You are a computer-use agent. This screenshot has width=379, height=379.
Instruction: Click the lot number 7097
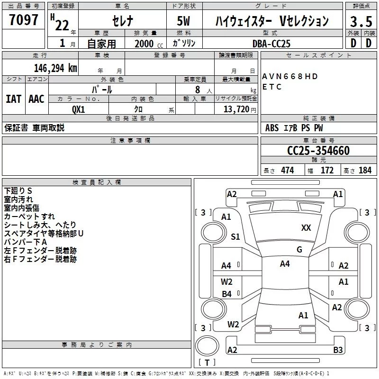pos(24,20)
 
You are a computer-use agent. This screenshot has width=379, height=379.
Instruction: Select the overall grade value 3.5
pos(361,22)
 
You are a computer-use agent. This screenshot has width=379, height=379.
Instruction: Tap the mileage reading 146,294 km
pos(55,68)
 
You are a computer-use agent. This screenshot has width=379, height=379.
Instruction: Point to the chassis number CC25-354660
pos(318,151)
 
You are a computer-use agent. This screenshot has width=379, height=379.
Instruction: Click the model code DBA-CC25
pos(271,44)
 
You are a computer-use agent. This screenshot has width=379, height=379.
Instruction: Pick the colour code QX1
pos(79,109)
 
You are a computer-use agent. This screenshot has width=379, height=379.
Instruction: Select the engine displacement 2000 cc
pos(149,44)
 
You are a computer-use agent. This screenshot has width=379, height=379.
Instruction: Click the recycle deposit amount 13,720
pos(236,109)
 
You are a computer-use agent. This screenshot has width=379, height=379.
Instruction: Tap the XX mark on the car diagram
pos(306,228)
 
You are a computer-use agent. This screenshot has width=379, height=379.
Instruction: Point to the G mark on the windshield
pos(299,250)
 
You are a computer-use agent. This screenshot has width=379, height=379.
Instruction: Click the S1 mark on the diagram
pos(235,236)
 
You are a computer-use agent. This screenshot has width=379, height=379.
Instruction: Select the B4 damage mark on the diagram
pos(226,294)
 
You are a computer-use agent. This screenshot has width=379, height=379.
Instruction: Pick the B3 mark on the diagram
pos(338,350)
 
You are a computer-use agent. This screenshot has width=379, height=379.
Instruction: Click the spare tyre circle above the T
pos(207,346)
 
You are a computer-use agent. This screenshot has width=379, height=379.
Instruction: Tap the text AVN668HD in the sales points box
pos(290,76)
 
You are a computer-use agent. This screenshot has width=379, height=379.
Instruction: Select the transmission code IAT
pos(14,99)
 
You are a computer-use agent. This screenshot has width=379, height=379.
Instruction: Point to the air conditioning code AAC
pos(36,99)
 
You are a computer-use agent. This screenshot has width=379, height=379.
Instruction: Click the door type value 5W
pos(183,21)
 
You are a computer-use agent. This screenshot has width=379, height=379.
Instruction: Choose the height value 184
pos(365,170)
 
